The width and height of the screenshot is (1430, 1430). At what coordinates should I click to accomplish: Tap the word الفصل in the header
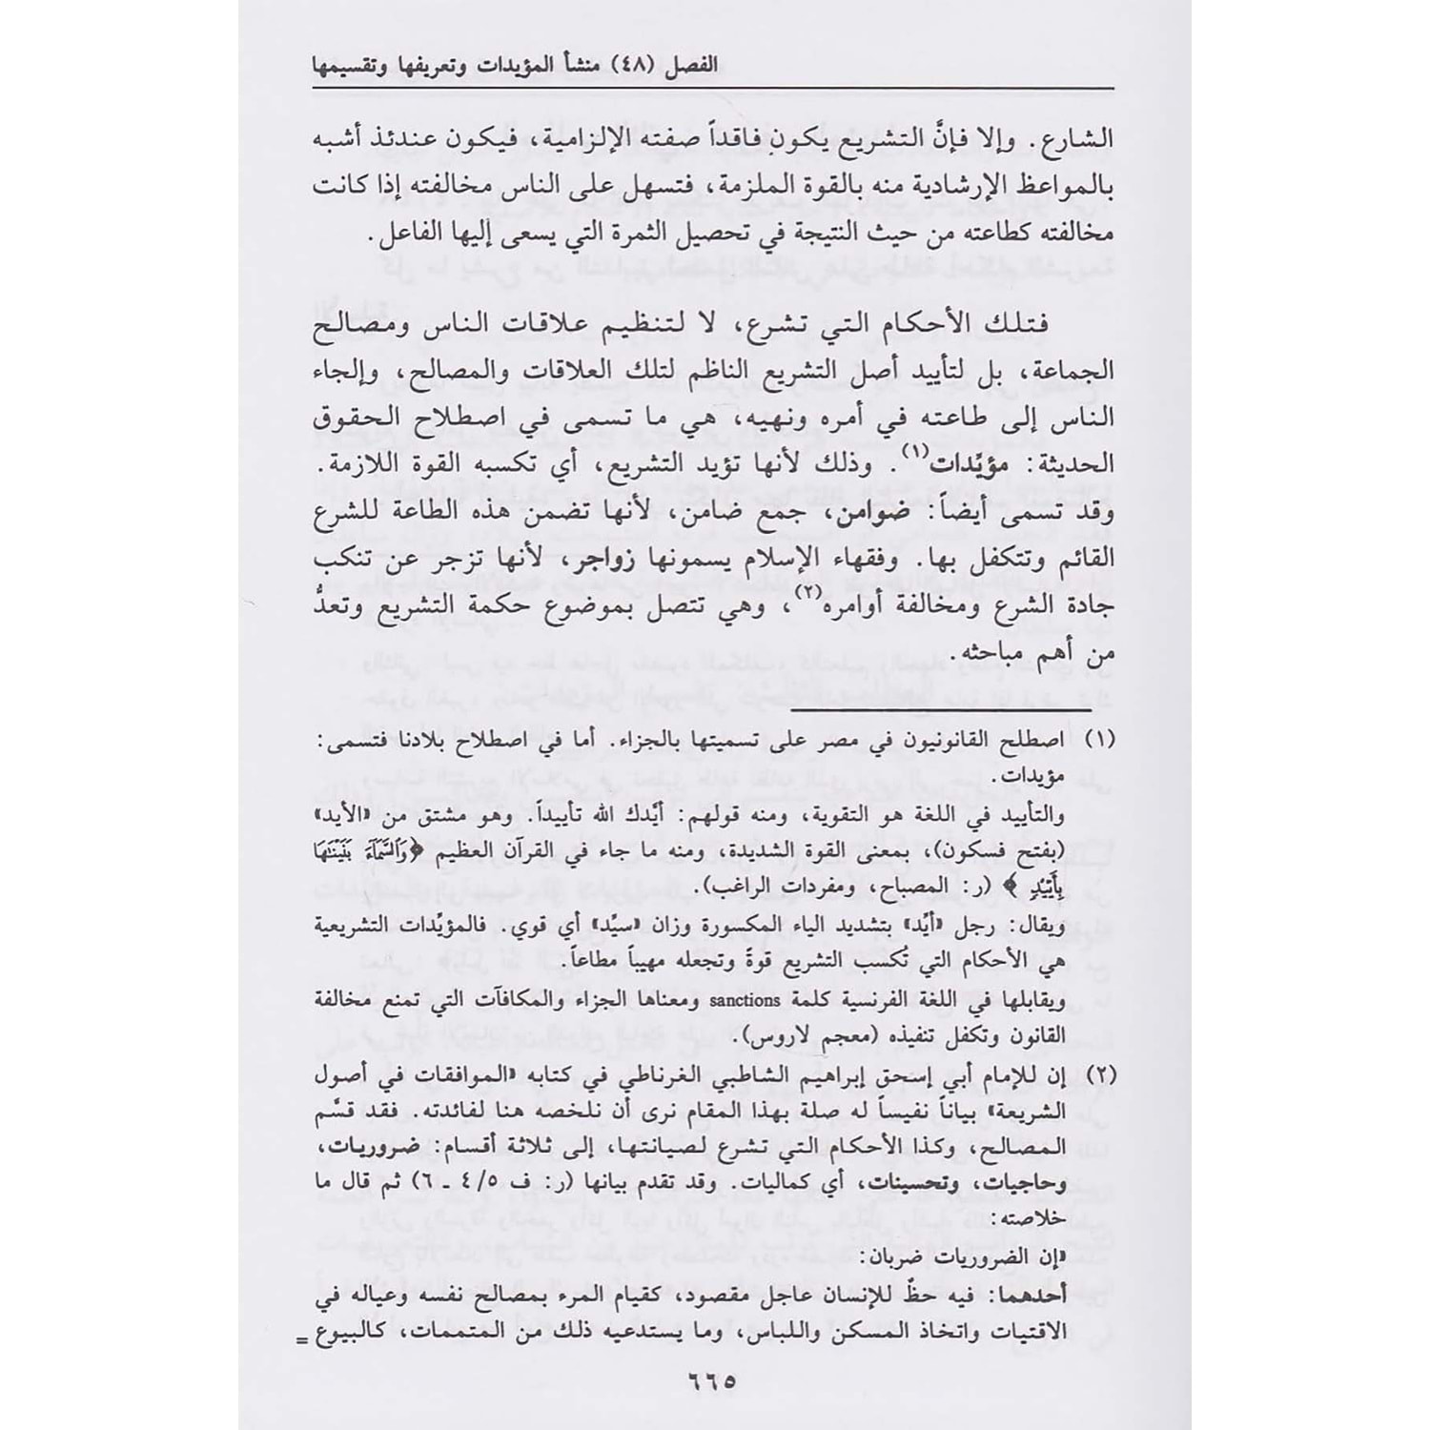pyautogui.click(x=1074, y=71)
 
